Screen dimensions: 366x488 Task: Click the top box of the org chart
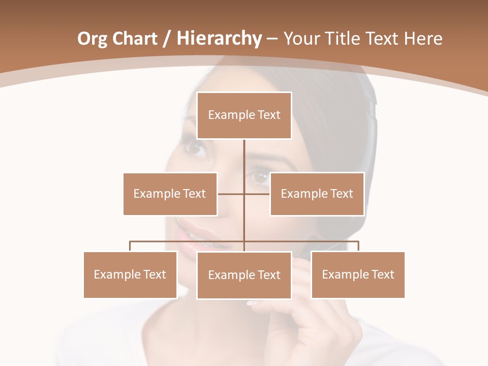(244, 115)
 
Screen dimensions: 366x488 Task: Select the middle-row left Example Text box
(170, 194)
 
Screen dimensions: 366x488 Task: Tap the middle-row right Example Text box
(317, 194)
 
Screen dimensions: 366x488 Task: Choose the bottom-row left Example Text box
(130, 274)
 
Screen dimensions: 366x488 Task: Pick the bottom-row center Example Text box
(244, 275)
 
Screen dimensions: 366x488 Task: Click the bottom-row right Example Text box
(358, 274)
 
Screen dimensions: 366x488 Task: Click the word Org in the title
(92, 39)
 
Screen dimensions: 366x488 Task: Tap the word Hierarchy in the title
(219, 39)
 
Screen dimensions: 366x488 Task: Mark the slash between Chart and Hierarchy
(167, 39)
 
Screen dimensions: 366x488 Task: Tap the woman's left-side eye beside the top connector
(195, 147)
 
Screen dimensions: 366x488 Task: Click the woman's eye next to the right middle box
(260, 177)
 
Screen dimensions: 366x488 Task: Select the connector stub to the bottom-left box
(130, 246)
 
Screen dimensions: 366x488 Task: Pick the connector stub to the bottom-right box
(358, 246)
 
